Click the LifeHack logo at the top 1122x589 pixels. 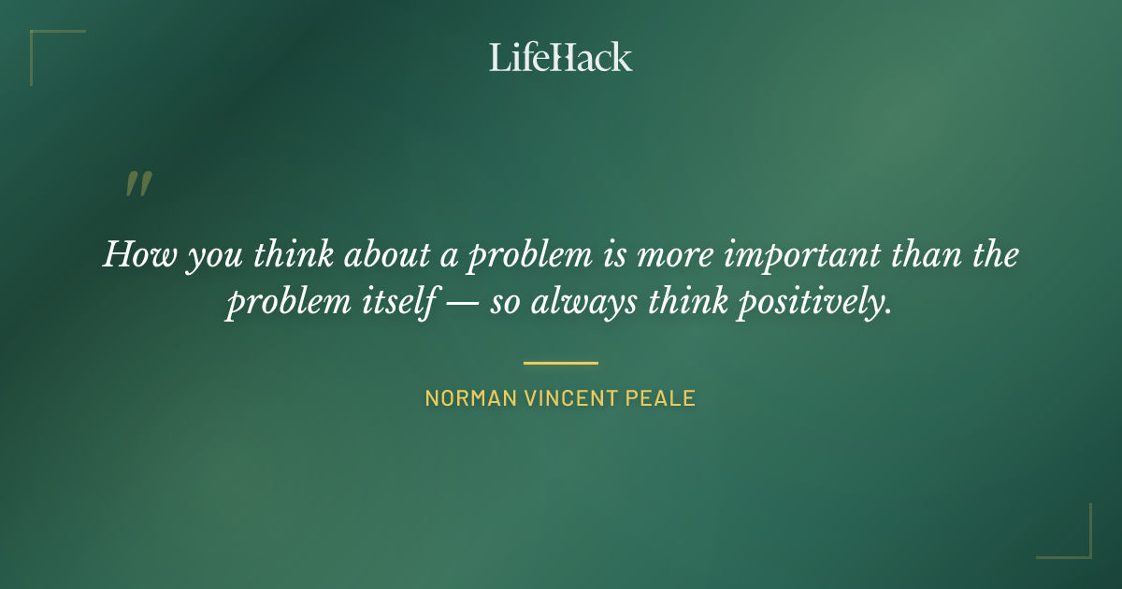[x=561, y=57]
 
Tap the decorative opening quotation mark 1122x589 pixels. [x=138, y=184]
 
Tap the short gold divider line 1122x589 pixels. [x=561, y=363]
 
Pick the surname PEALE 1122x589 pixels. [x=665, y=398]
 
